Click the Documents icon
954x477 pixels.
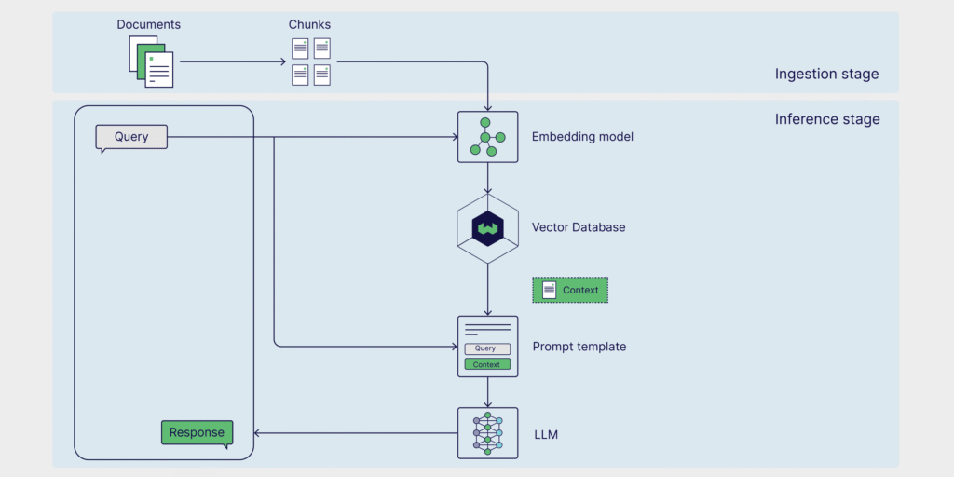[x=151, y=62]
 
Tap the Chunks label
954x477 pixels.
[x=309, y=24]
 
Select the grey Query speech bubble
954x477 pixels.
[x=131, y=137]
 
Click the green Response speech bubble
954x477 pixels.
[x=197, y=432]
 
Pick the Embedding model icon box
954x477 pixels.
[x=487, y=137]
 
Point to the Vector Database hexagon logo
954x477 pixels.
[x=487, y=227]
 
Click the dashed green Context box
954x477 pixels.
[x=570, y=290]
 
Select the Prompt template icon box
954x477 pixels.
[x=487, y=347]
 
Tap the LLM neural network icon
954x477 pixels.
[x=487, y=433]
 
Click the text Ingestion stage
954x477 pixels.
[x=826, y=75]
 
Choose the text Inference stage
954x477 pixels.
[x=827, y=119]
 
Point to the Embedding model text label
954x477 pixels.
[x=582, y=137]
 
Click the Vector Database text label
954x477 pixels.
[x=579, y=227]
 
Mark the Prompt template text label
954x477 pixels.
[x=579, y=347]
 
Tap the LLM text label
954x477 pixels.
[x=545, y=434]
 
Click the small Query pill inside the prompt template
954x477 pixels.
[x=487, y=348]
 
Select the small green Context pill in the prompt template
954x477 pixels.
[x=487, y=364]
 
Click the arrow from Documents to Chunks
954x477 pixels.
[x=233, y=62]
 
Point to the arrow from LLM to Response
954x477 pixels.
[x=354, y=432]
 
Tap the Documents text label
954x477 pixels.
[x=148, y=24]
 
